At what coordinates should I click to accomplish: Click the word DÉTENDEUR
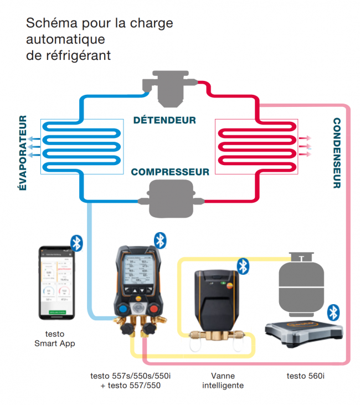pyautogui.click(x=164, y=120)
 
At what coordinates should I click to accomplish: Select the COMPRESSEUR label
pyautogui.click(x=170, y=172)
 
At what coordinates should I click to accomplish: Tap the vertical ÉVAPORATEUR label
pyautogui.click(x=23, y=153)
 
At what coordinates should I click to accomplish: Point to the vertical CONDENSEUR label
pyautogui.click(x=336, y=153)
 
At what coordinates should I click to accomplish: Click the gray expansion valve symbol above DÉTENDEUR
pyautogui.click(x=169, y=89)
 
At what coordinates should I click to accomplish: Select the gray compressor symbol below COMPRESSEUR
pyautogui.click(x=169, y=199)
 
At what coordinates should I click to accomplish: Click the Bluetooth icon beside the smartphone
pyautogui.click(x=77, y=243)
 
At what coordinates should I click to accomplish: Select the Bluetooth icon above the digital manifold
pyautogui.click(x=160, y=239)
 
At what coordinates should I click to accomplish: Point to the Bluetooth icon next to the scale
pyautogui.click(x=333, y=312)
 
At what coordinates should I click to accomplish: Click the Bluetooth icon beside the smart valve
pyautogui.click(x=243, y=266)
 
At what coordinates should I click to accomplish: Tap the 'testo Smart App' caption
pyautogui.click(x=54, y=339)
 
